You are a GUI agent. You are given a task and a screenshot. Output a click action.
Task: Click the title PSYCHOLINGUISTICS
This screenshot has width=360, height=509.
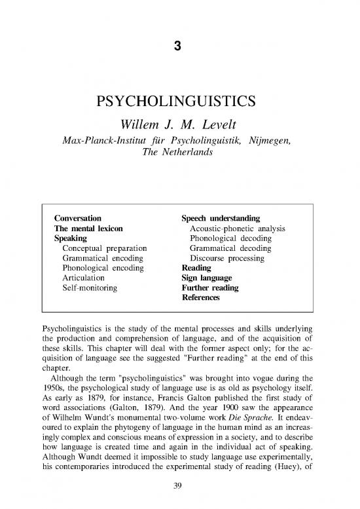click(179, 104)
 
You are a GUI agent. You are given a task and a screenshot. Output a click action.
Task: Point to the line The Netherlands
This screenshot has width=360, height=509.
click(180, 151)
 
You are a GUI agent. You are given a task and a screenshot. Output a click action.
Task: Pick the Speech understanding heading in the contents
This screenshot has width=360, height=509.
click(221, 217)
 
